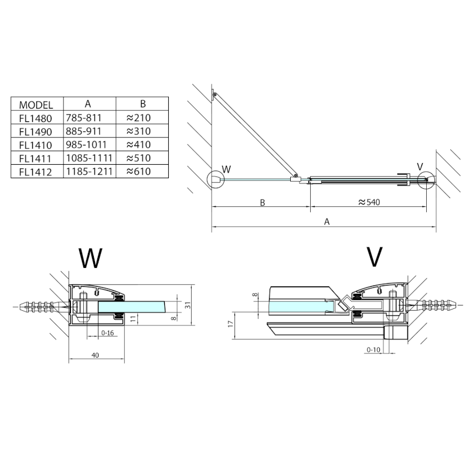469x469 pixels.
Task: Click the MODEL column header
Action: (x=36, y=105)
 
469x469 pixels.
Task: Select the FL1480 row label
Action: (x=36, y=117)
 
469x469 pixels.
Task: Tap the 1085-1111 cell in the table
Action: (x=88, y=158)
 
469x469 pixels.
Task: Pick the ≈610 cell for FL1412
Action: (x=138, y=172)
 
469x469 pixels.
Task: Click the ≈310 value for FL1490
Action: (x=138, y=131)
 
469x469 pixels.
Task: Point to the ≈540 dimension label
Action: (x=371, y=203)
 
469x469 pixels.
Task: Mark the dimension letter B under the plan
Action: (x=263, y=203)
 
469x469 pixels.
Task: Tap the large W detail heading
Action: (x=90, y=258)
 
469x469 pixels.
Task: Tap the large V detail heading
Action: (x=374, y=257)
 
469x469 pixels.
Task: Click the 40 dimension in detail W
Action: (x=95, y=355)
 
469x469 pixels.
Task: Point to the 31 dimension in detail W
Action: (x=188, y=305)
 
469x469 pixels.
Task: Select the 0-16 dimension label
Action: (x=107, y=332)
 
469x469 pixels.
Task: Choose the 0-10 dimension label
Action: (x=373, y=350)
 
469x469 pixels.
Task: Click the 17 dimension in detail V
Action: (x=231, y=324)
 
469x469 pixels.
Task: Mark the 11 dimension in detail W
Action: (x=133, y=318)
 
